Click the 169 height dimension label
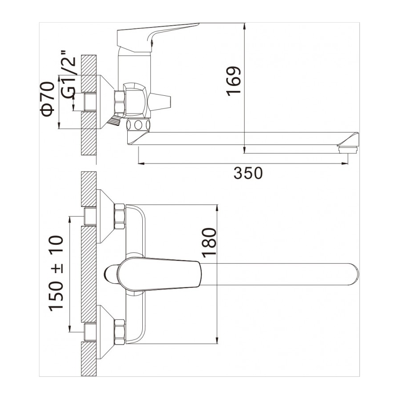234,81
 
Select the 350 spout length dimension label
248,173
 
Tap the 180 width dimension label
209,243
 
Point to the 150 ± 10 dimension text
56,274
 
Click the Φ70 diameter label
47,99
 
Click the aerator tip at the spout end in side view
348,150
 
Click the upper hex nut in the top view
120,216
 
